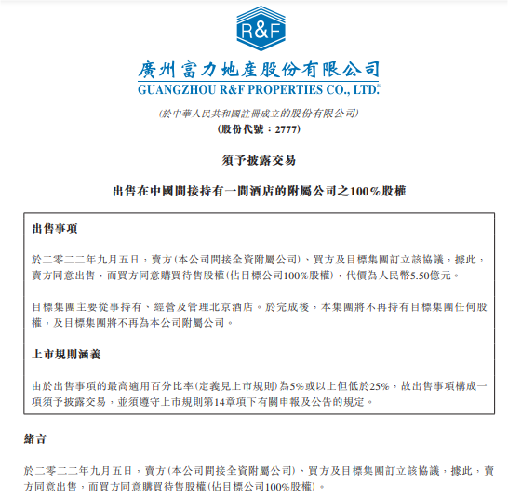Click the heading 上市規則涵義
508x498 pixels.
[68, 354]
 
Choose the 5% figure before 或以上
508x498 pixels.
[297, 384]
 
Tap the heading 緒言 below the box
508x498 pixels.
[35, 437]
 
